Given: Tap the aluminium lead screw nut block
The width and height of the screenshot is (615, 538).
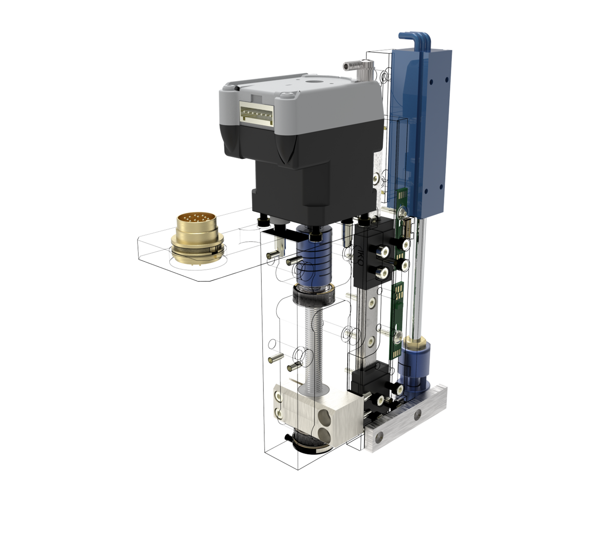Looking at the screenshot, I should coord(314,408).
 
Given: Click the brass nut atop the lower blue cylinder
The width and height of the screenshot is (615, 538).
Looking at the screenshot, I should coord(415,343).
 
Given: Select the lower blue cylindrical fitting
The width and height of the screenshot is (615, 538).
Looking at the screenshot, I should coord(414,365).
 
